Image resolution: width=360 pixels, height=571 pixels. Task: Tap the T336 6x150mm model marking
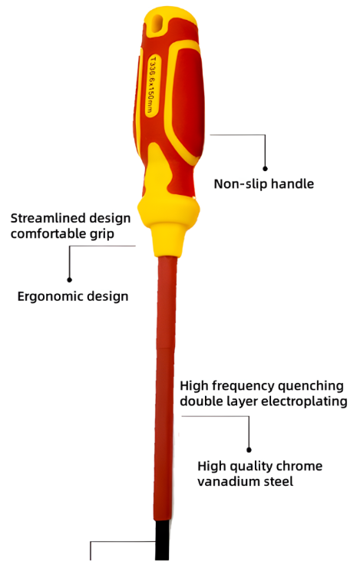pyautogui.click(x=150, y=84)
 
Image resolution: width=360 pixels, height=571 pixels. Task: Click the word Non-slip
pyautogui.click(x=239, y=183)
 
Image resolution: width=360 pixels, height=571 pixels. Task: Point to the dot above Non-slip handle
pyautogui.click(x=266, y=169)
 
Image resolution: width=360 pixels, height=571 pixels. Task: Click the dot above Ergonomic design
pyautogui.click(x=70, y=279)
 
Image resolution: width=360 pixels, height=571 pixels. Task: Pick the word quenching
pyautogui.click(x=309, y=386)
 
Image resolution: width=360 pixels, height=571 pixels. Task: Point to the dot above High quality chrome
pyautogui.click(x=249, y=450)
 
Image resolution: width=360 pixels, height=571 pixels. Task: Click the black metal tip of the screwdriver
pyautogui.click(x=162, y=540)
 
